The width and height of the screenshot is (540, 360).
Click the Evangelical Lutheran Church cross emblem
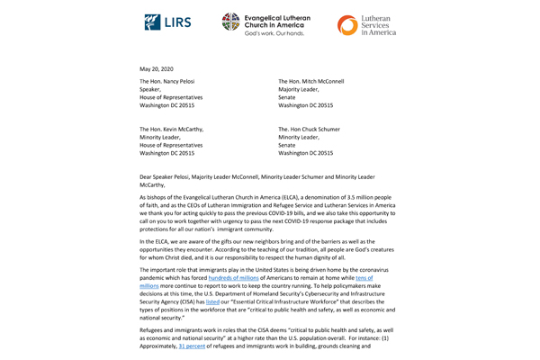231,22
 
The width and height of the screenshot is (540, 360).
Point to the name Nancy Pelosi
185,81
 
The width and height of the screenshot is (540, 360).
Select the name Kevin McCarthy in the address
187,129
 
